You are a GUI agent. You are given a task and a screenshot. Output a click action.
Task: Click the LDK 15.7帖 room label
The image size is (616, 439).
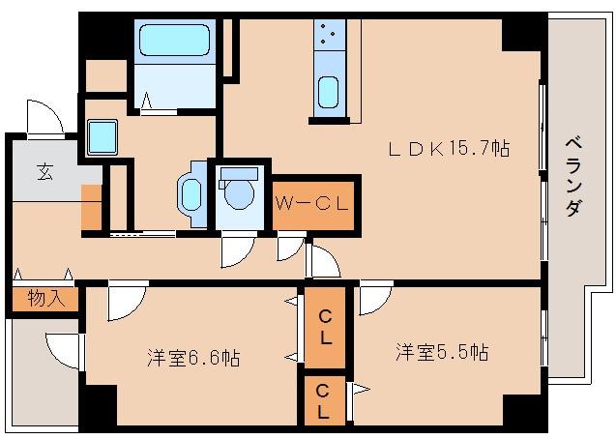448,149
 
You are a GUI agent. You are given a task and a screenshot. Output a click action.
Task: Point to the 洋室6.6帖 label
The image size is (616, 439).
193,358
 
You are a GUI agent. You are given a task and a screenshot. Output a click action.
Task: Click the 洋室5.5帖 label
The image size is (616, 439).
441,352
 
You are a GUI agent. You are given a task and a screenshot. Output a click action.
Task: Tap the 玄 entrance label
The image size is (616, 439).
44,172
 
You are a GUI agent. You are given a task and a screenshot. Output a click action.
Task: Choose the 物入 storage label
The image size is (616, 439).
45,298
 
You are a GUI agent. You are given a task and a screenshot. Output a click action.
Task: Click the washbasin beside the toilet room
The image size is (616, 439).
189,190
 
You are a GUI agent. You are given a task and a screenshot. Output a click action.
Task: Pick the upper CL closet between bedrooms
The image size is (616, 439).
326,329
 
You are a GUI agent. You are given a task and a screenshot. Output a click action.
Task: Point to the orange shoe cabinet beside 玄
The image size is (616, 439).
91,207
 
